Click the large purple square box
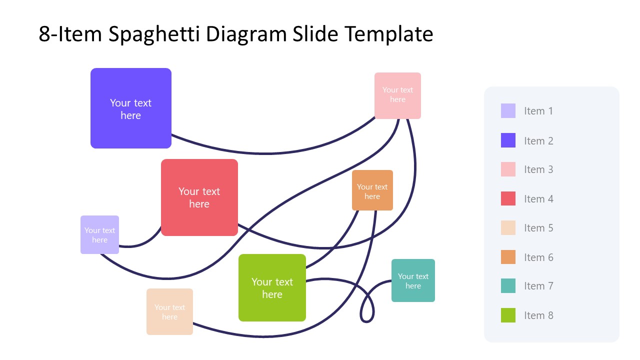tap(131, 108)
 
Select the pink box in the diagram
tap(397, 95)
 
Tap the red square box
tap(199, 197)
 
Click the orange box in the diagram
tap(372, 190)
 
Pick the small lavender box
tap(99, 234)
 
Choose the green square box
tap(272, 287)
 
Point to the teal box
tap(413, 280)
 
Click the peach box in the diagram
tap(169, 311)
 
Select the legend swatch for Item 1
tap(508, 111)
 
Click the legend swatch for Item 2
tap(508, 140)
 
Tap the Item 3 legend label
tap(538, 169)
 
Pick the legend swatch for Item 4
tap(508, 198)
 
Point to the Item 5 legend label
tap(538, 228)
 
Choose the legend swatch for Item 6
tap(508, 257)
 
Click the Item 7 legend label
tap(538, 286)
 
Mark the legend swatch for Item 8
tap(508, 315)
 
